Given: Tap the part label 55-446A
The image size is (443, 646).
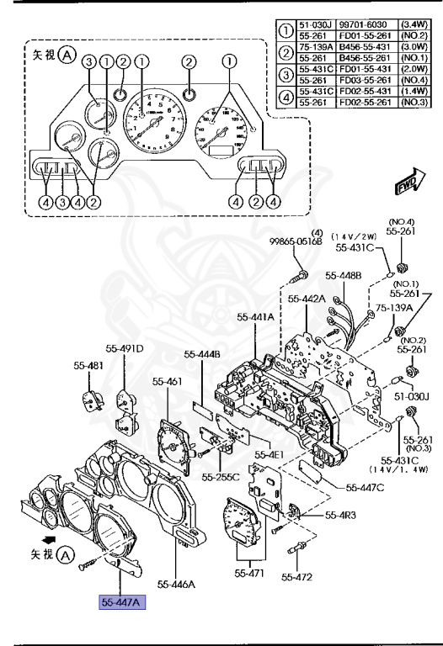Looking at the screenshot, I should pyautogui.click(x=176, y=582).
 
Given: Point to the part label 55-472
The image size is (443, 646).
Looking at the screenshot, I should pyautogui.click(x=297, y=577).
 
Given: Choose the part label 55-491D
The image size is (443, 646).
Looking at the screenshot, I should pyautogui.click(x=125, y=348).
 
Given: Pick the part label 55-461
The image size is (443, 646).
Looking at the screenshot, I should pyautogui.click(x=168, y=381).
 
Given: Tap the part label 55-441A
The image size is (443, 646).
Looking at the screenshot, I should pyautogui.click(x=254, y=317).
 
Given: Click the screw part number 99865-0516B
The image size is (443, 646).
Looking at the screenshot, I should pyautogui.click(x=296, y=241).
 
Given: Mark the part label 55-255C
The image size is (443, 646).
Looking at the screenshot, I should pyautogui.click(x=221, y=477).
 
